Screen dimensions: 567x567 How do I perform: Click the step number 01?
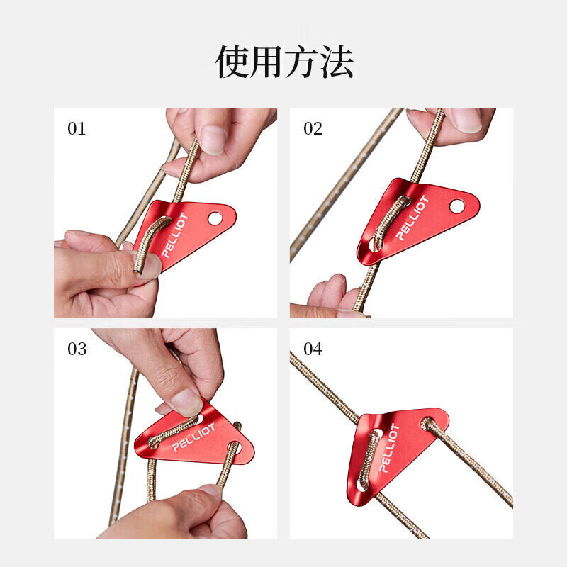[x=77, y=129]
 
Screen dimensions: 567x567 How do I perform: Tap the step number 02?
[x=313, y=129]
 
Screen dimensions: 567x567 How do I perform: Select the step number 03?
[x=77, y=349]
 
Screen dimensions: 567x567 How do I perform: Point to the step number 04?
[x=313, y=349]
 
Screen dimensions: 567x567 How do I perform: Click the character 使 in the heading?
[x=232, y=62]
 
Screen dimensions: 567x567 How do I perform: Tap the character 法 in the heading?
[x=336, y=62]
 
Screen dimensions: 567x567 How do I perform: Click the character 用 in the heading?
[x=267, y=62]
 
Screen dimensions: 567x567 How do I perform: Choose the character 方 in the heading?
[x=302, y=62]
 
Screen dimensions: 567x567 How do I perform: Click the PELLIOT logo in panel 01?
[x=175, y=235]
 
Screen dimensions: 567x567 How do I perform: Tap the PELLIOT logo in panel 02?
[x=412, y=218]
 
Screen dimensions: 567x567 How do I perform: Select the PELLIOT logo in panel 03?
[x=193, y=437]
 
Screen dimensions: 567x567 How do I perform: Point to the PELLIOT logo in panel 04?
[x=389, y=449]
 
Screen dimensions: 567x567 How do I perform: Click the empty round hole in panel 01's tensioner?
[x=215, y=218]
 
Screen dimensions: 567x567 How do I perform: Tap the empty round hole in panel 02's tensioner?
[x=456, y=206]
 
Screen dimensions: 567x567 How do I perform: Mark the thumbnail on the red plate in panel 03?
[x=186, y=402]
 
